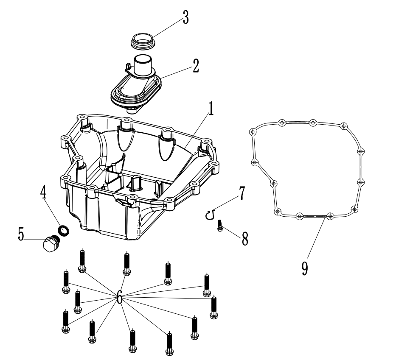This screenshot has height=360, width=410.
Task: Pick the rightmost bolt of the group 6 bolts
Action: [x=214, y=307]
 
